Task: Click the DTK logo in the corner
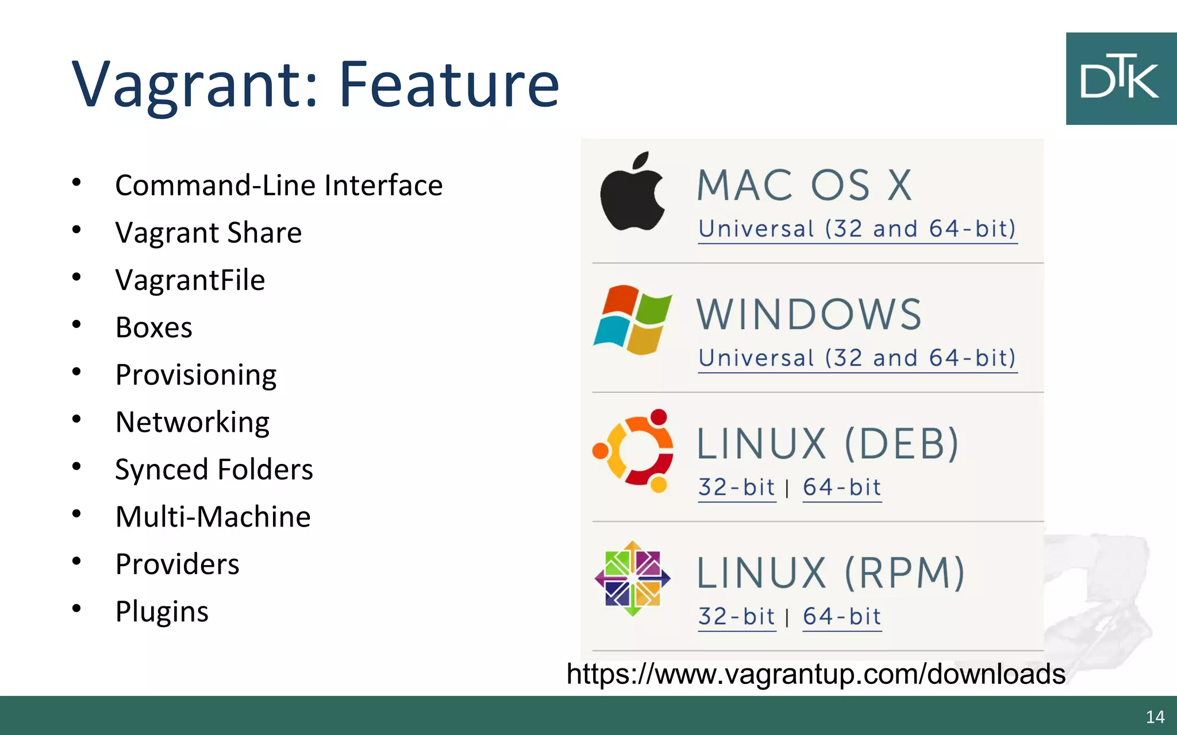(x=1121, y=79)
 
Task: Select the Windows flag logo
(x=632, y=320)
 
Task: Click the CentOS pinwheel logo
(x=632, y=578)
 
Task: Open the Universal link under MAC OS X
(x=857, y=229)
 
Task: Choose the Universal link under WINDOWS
(x=857, y=358)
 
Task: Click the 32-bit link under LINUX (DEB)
(x=736, y=488)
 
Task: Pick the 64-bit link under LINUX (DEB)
(x=841, y=488)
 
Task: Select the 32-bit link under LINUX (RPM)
(x=736, y=617)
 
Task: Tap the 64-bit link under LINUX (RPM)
(x=841, y=617)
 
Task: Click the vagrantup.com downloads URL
(x=816, y=674)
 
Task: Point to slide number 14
(x=1155, y=717)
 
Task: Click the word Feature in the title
(x=449, y=84)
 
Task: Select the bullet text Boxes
(x=153, y=327)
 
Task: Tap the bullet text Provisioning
(x=195, y=375)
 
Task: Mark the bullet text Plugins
(x=161, y=612)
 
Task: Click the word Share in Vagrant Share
(x=264, y=233)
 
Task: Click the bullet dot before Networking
(x=76, y=419)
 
